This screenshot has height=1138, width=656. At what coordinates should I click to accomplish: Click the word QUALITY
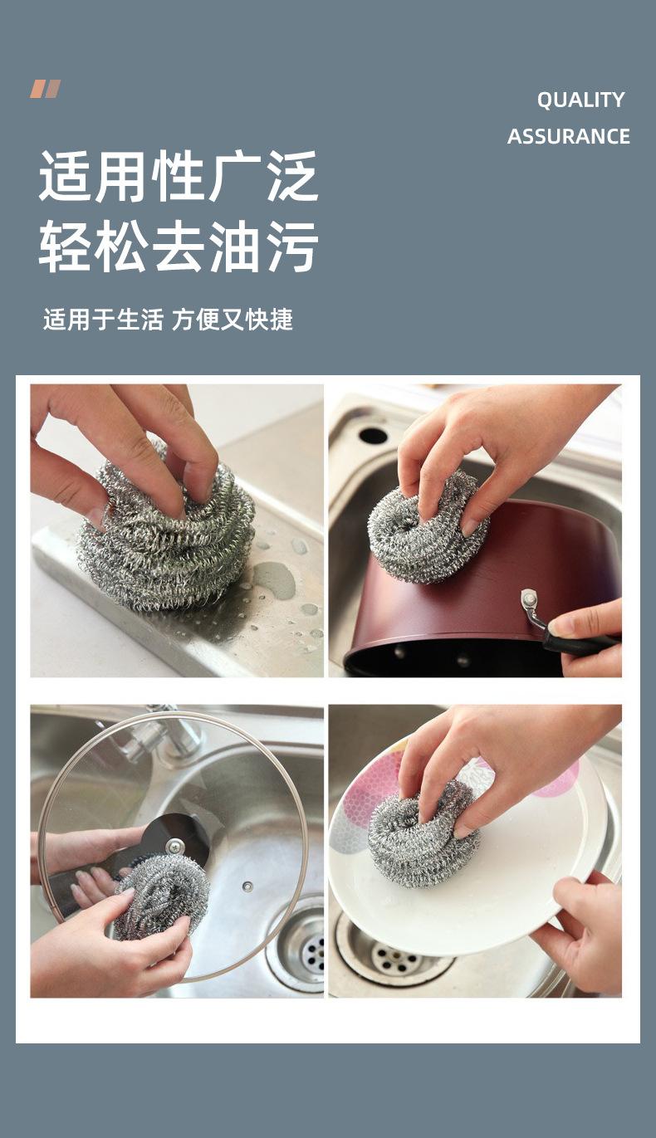(580, 100)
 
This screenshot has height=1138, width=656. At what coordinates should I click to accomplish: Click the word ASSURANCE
(569, 136)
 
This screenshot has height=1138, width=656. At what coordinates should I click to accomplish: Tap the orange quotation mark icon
(45, 89)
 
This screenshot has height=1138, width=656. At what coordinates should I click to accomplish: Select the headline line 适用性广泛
(179, 176)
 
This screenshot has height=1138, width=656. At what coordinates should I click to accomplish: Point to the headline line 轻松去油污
(179, 247)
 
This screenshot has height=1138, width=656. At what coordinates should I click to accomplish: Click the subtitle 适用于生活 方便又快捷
(169, 320)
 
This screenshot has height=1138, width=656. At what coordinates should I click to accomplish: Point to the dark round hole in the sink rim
(373, 435)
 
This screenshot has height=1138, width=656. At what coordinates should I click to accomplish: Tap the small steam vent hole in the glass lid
(247, 886)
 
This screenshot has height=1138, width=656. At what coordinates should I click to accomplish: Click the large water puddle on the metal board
(274, 580)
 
